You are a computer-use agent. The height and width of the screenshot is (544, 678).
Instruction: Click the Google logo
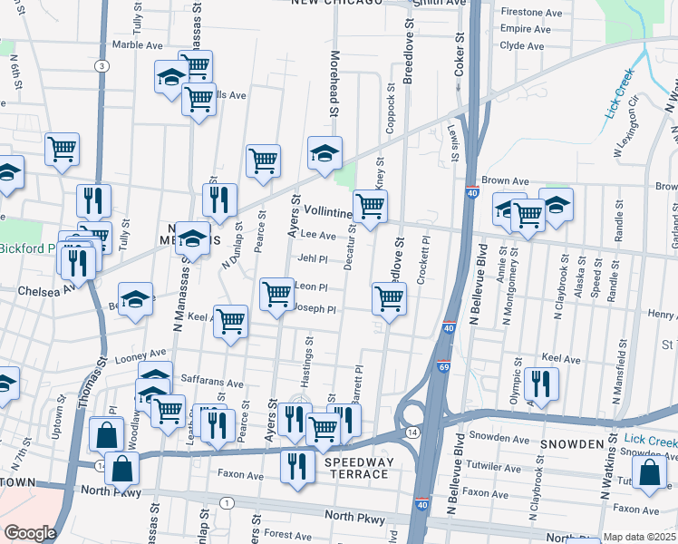31,533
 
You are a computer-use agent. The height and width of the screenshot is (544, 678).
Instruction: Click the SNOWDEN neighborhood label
573,443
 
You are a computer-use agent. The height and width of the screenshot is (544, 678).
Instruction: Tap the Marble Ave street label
137,44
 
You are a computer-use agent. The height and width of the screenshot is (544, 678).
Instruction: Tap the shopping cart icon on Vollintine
370,206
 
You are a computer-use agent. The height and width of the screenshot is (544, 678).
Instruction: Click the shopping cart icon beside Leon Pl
276,294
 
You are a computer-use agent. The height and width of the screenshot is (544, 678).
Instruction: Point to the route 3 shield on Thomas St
102,65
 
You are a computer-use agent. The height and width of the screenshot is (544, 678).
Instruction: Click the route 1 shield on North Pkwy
226,502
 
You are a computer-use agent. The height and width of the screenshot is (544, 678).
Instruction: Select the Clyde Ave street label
522,44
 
